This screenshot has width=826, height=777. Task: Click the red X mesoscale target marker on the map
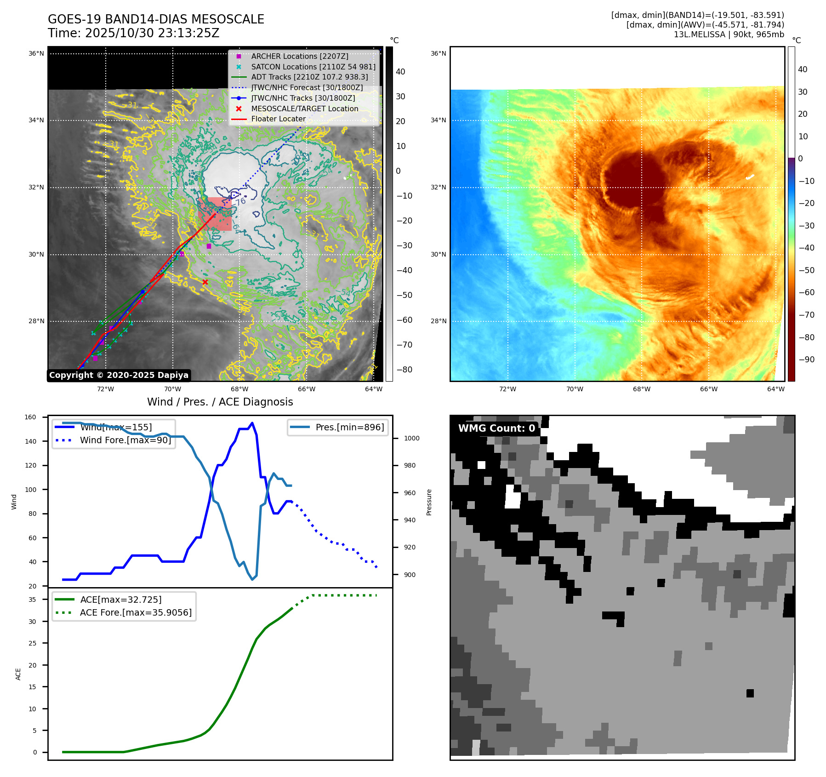[x=205, y=282]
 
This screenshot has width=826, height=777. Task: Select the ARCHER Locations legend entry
[x=299, y=56]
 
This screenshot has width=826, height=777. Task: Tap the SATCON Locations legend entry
[x=313, y=67]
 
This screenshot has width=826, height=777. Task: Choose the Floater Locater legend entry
[x=278, y=119]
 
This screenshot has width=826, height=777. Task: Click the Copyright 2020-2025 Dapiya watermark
[x=119, y=375]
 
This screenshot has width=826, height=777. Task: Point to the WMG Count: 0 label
[x=496, y=428]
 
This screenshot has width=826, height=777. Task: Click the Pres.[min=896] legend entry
[x=349, y=427]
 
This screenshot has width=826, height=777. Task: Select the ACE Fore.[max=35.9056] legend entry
[x=136, y=612]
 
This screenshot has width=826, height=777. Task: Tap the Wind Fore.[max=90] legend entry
[x=125, y=440]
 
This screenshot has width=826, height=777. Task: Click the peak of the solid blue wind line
[x=252, y=423]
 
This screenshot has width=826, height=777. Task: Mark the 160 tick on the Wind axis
[x=30, y=417]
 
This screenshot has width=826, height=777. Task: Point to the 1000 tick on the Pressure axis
[x=411, y=438]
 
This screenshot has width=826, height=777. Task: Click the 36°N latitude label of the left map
[x=36, y=54]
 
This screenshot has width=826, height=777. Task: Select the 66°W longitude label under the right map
[x=708, y=389]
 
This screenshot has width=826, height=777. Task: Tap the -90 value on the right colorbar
[x=806, y=360]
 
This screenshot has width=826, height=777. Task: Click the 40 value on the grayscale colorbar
[x=400, y=72]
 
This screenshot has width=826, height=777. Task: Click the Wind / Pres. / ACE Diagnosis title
[x=220, y=402]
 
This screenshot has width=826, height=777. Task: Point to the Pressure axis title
[x=429, y=502]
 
